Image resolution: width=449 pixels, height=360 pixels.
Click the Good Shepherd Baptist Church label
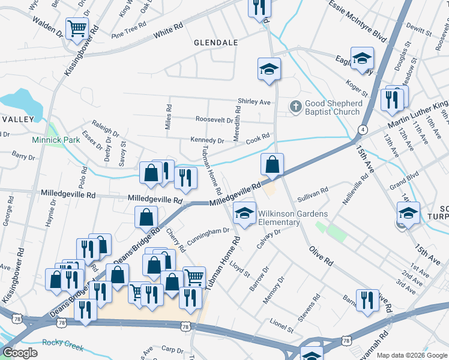(333, 107)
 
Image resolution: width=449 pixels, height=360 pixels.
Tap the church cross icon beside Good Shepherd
(295, 107)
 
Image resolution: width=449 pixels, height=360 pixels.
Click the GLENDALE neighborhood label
(216, 43)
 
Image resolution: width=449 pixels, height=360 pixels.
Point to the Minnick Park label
(56, 140)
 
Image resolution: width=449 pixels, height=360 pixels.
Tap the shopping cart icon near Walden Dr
(77, 28)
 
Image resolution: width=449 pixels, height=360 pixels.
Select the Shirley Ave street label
(255, 102)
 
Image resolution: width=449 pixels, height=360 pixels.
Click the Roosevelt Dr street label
(214, 120)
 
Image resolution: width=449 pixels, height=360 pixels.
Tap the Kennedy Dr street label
(207, 140)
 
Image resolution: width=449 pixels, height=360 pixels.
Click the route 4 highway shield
(363, 129)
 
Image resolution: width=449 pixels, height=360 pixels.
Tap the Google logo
(20, 353)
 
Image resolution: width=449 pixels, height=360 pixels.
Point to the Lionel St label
(282, 326)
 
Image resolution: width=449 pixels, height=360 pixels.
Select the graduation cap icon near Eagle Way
(362, 58)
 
